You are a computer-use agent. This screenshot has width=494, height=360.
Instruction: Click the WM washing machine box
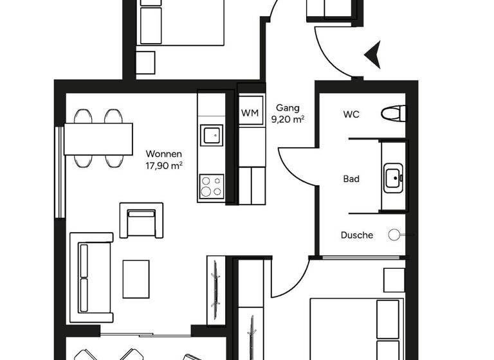[x=250, y=113]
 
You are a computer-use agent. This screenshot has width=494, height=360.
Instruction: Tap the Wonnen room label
[x=164, y=154]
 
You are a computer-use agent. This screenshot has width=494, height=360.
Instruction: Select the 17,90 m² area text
[x=164, y=165]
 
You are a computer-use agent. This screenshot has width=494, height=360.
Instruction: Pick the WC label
[x=351, y=114]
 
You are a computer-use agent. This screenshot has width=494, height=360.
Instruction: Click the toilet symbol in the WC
[x=393, y=114]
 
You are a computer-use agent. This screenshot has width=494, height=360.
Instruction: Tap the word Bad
[x=351, y=179]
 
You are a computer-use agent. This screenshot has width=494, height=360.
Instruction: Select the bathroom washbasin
[x=392, y=176]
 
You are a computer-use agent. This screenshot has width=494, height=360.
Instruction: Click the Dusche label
[x=356, y=235]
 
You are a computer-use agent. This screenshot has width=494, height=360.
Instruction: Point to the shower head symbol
[x=394, y=235]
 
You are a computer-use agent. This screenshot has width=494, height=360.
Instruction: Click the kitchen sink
[x=211, y=135]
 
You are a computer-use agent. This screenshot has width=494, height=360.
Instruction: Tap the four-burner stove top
[x=211, y=186]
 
